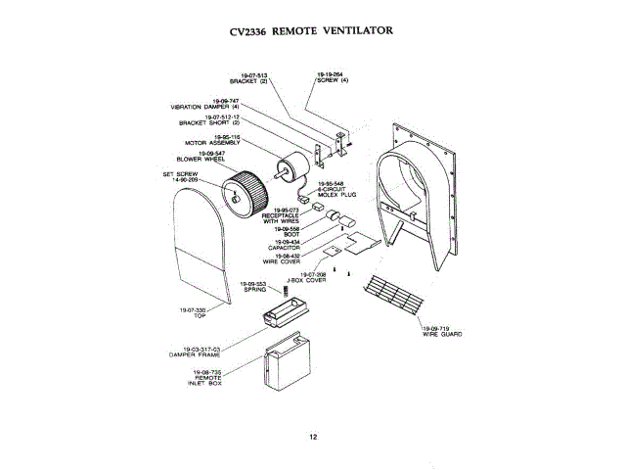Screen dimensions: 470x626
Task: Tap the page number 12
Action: [x=312, y=437]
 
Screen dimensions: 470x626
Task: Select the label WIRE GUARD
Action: [x=436, y=335]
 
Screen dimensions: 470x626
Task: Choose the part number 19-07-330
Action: [x=193, y=309]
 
